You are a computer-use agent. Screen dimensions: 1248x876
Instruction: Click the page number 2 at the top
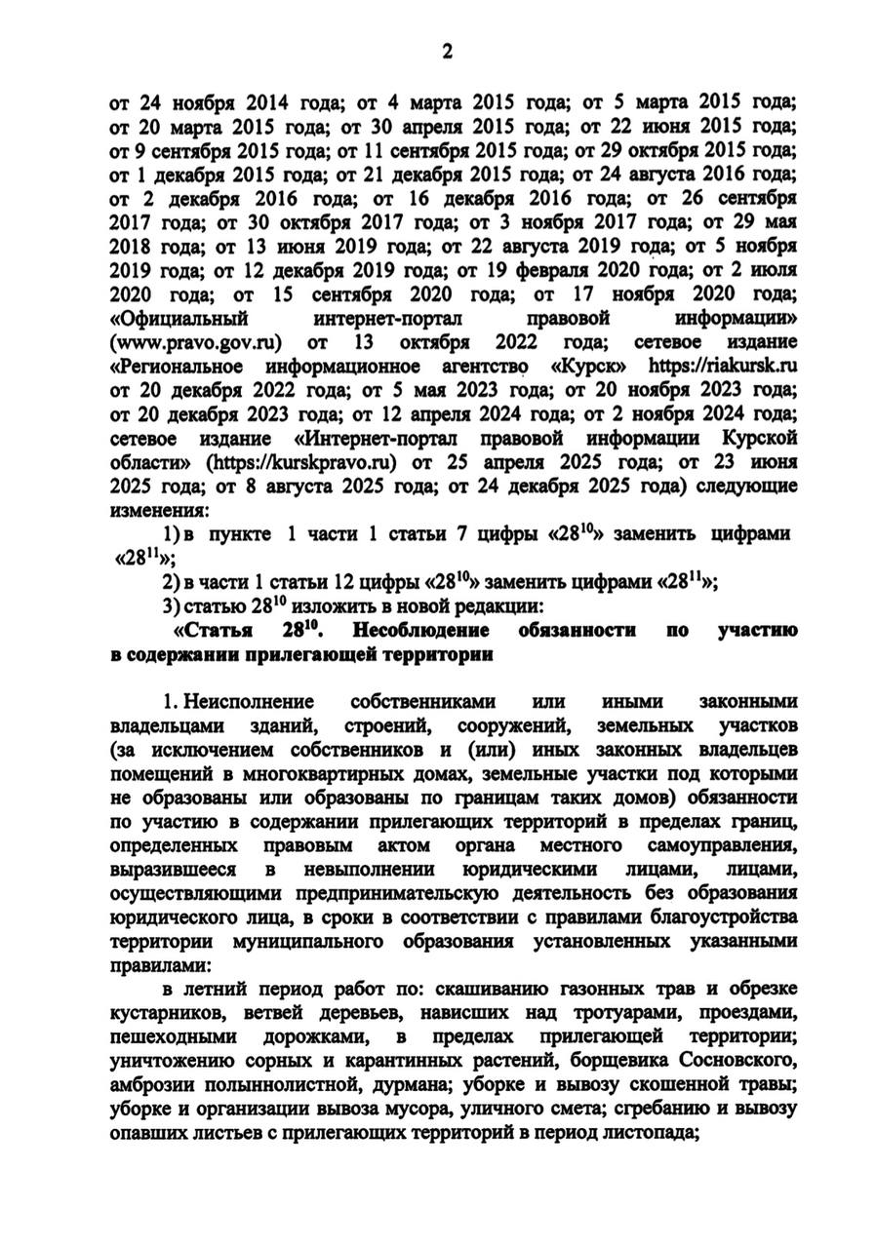(448, 54)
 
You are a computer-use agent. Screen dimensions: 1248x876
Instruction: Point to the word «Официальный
(181, 320)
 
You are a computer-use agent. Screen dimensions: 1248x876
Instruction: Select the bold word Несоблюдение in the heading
(417, 631)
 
